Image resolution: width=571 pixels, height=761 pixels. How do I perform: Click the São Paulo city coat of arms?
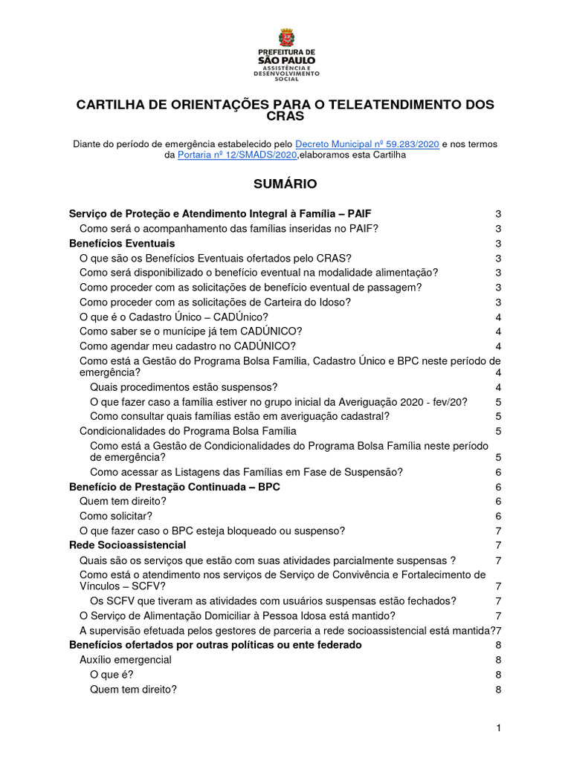tap(285, 38)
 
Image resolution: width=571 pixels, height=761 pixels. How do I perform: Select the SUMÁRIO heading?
tap(285, 184)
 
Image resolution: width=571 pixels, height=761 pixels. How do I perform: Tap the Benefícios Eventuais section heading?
tap(122, 244)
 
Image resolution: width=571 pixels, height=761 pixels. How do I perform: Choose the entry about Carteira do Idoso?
tap(215, 302)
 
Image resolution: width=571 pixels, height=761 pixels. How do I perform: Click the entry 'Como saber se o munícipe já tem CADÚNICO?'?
tap(190, 331)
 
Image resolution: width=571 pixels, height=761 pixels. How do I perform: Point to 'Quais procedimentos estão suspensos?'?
tap(184, 387)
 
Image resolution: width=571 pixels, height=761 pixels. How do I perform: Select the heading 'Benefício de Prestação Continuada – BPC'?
tap(175, 487)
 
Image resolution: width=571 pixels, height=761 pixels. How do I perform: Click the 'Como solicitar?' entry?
tap(116, 516)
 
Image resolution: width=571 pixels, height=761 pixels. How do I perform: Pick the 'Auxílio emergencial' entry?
tap(126, 660)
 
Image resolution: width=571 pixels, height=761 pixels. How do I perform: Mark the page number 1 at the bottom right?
tap(500, 727)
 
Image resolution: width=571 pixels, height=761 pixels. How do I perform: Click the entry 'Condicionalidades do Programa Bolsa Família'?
tap(188, 431)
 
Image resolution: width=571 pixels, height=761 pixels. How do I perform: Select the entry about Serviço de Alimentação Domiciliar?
tap(237, 615)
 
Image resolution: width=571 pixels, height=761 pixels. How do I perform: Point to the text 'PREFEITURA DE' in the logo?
tap(285, 53)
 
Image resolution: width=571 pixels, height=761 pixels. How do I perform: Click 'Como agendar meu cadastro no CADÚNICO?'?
tap(187, 346)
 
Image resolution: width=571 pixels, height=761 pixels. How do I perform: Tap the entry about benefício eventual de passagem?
tap(251, 288)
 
